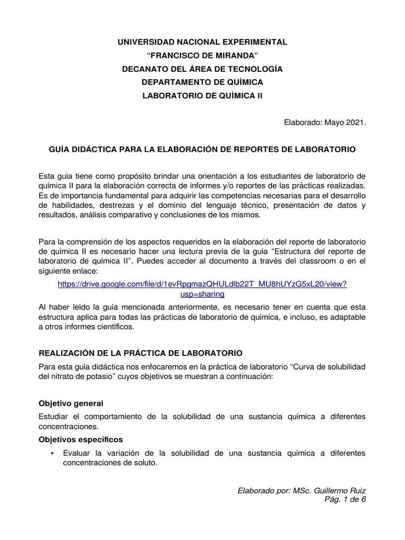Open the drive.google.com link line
coord(202,284)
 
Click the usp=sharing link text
coord(202,294)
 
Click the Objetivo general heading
coord(71,403)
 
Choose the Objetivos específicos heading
coord(81,439)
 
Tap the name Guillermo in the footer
coord(331,491)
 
